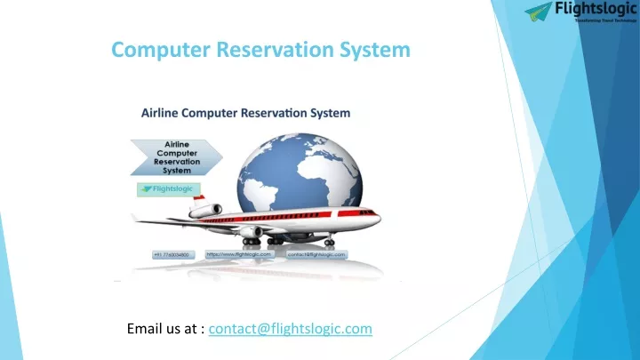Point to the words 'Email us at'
pos(166,330)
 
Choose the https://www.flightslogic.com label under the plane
pos(237,254)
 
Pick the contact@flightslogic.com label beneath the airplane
pos(316,254)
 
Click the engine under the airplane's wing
pos(250,231)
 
